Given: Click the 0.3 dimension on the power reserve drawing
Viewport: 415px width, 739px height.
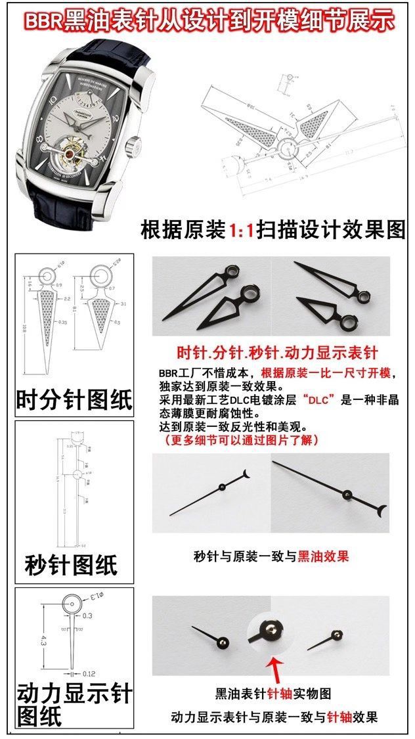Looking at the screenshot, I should coord(88,616).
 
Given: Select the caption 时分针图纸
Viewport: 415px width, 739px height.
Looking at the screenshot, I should coord(74,399).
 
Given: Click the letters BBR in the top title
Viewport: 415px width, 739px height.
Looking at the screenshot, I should coord(43,22).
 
